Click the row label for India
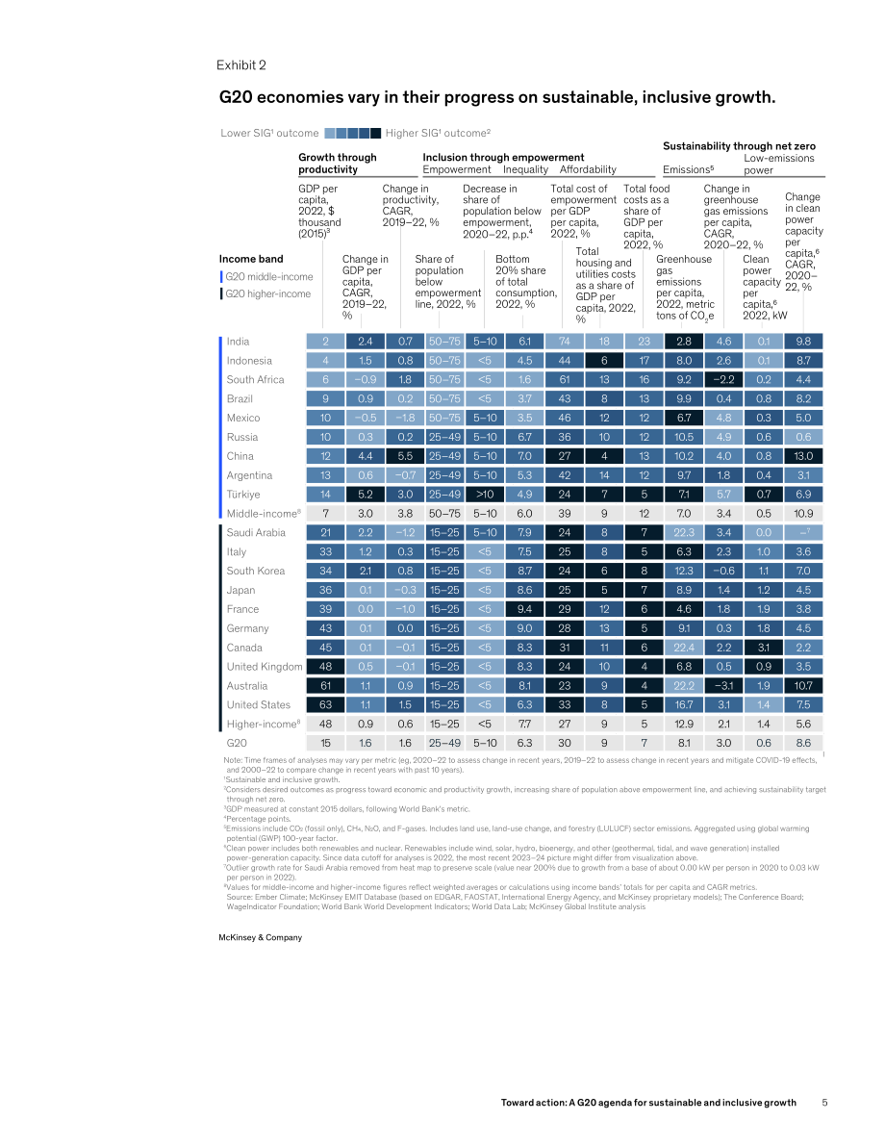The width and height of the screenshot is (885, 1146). tap(238, 342)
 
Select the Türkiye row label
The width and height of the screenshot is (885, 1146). tap(242, 494)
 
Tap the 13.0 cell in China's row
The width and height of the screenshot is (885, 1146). tap(803, 456)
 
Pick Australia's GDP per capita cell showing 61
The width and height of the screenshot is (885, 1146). tap(325, 685)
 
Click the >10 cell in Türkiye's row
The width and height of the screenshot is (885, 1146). tap(485, 494)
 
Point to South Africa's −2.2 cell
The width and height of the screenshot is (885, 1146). tap(723, 379)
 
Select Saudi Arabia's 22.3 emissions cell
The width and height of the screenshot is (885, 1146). tap(684, 533)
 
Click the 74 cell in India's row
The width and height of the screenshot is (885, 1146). tap(564, 342)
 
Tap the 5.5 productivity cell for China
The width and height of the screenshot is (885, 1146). tap(405, 456)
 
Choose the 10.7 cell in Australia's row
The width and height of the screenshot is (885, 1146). tap(803, 685)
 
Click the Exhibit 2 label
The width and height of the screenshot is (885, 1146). tap(241, 65)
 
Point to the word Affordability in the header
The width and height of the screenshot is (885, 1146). tap(589, 169)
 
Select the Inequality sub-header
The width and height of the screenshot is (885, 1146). tap(525, 169)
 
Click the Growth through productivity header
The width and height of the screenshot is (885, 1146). tap(338, 163)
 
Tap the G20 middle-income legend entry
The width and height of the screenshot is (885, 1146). tap(269, 276)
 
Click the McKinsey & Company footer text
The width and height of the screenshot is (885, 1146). tap(260, 937)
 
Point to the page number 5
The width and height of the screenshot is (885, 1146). tap(824, 1102)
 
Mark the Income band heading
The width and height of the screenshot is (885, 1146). tap(251, 259)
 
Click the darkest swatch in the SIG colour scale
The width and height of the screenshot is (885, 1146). tap(375, 133)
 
